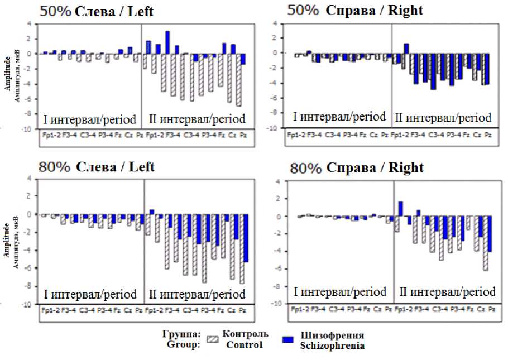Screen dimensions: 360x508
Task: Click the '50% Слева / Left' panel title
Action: pyautogui.click(x=95, y=11)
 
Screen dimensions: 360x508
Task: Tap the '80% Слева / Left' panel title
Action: pyautogui.click(x=96, y=167)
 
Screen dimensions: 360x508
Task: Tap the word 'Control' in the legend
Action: pyautogui.click(x=245, y=345)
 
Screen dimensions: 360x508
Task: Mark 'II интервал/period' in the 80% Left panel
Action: pyautogui.click(x=197, y=294)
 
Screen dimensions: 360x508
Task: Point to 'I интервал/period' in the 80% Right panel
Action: pyautogui.click(x=340, y=291)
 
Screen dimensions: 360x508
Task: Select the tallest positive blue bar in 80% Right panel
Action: pyautogui.click(x=400, y=208)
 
